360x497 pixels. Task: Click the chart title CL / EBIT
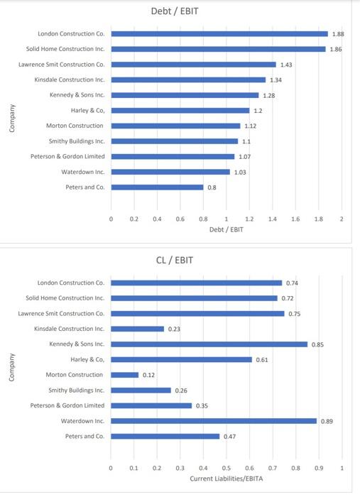(x=175, y=260)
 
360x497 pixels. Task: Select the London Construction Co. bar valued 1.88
(x=219, y=33)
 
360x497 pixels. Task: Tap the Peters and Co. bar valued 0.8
(x=157, y=187)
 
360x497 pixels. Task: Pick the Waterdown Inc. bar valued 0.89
(x=214, y=420)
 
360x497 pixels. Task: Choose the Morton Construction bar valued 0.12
(x=124, y=375)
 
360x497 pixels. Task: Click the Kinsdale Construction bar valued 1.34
(x=188, y=80)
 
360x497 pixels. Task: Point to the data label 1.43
(x=287, y=65)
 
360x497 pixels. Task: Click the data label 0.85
(x=318, y=344)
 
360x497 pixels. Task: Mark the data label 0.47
(x=229, y=436)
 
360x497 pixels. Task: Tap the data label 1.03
(x=240, y=172)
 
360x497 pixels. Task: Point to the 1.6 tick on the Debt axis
(x=295, y=219)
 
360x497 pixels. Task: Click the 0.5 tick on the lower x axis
(x=227, y=468)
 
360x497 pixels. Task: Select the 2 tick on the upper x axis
(x=342, y=219)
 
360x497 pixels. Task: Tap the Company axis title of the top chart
(x=12, y=118)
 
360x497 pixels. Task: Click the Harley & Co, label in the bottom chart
(x=87, y=359)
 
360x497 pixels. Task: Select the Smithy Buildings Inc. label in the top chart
(x=77, y=141)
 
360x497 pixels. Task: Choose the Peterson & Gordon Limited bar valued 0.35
(x=151, y=405)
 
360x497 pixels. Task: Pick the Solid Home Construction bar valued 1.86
(x=218, y=49)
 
